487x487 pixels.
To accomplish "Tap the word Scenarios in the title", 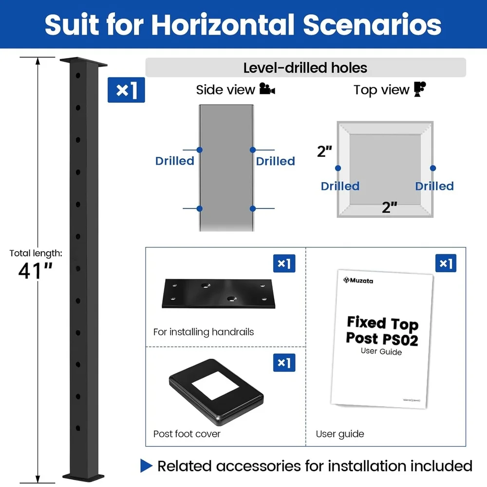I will (x=373, y=24).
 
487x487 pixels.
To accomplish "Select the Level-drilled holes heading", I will (x=305, y=68).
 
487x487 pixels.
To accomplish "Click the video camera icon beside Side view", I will (x=267, y=89).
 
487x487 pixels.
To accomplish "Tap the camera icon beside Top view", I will (x=420, y=89).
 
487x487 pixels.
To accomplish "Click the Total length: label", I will (x=36, y=253).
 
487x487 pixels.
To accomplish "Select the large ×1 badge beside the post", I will (x=126, y=90).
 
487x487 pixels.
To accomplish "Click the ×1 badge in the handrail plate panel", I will (x=284, y=263).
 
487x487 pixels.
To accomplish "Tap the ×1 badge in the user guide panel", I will (x=446, y=263).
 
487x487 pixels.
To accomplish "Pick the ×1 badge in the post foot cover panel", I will (x=284, y=363).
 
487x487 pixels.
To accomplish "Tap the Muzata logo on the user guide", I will (x=358, y=281).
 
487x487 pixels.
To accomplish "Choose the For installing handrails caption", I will (x=204, y=332).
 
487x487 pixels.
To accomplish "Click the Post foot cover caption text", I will (x=187, y=433).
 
